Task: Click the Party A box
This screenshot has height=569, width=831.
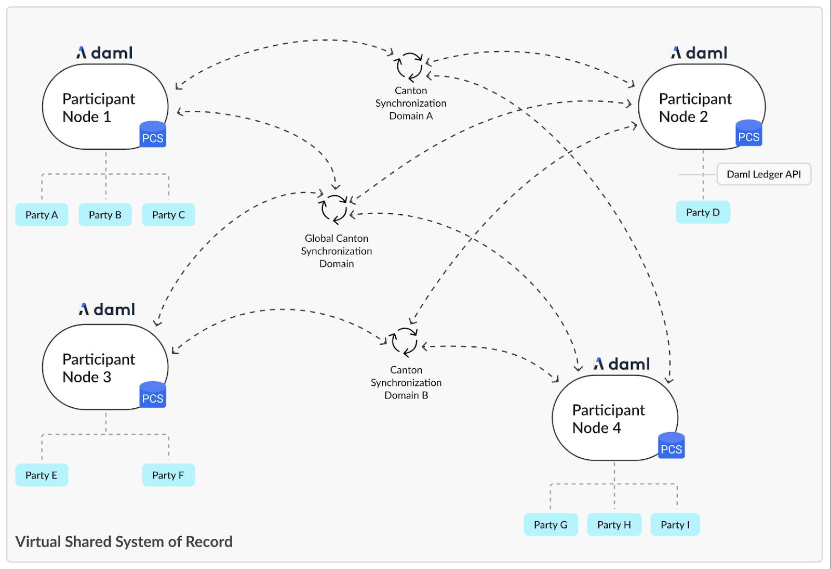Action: click(x=42, y=215)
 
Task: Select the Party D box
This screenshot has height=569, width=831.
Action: click(x=703, y=212)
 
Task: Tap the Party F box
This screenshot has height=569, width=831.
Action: click(x=168, y=475)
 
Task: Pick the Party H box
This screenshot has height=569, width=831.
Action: click(x=614, y=525)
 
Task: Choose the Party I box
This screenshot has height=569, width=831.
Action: click(x=675, y=525)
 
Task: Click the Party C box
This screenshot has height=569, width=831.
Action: click(x=168, y=215)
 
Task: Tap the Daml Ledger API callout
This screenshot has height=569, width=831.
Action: click(x=763, y=174)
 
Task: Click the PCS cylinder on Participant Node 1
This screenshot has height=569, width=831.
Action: click(x=153, y=135)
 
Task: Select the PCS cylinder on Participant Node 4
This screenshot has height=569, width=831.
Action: click(x=671, y=446)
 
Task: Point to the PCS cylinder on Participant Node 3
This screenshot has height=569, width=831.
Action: click(x=153, y=395)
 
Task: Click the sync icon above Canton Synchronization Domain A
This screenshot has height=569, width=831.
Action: click(x=410, y=66)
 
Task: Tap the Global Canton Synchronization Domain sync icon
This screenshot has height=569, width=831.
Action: click(x=334, y=209)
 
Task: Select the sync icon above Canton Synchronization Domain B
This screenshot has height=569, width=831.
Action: click(x=404, y=341)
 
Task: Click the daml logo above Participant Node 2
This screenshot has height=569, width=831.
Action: click(x=699, y=53)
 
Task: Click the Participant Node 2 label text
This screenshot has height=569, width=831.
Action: click(x=695, y=108)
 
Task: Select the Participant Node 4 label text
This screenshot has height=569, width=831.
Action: click(x=608, y=419)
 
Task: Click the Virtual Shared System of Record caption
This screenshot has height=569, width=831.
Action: click(x=124, y=541)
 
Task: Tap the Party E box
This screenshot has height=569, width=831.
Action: click(x=42, y=475)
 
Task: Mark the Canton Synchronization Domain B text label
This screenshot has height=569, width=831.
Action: click(x=406, y=382)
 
